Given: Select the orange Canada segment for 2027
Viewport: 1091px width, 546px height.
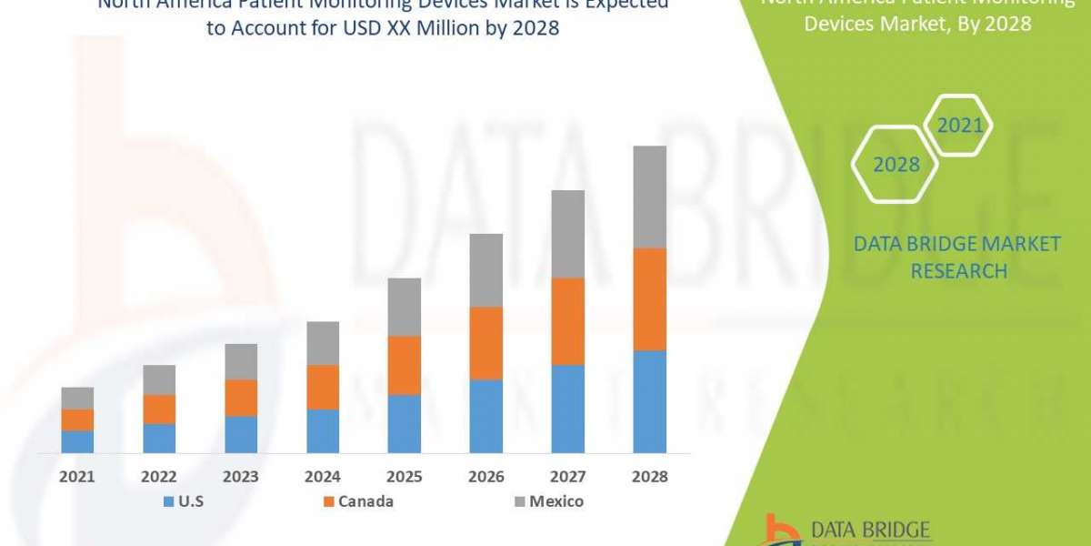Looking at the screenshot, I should pos(567,321).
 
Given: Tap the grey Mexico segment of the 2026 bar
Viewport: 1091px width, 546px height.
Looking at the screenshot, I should pos(485,270).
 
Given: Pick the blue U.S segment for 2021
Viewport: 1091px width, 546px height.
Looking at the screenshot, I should pos(77,441).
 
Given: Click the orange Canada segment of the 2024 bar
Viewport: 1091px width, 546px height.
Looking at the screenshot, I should pos(323,387).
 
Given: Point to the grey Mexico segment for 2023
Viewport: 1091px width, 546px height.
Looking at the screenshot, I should pos(241,361).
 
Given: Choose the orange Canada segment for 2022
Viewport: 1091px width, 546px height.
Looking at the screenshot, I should pos(159,409).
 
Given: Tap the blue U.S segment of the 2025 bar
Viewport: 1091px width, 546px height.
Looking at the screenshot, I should pos(405,423).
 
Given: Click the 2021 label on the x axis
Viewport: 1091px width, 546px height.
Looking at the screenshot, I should pos(77,477).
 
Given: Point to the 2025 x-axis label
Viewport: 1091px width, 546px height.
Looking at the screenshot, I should pos(405,477).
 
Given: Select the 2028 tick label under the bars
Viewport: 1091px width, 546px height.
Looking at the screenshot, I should pos(649,477).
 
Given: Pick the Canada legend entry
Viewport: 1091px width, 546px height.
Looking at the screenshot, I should pos(359,501).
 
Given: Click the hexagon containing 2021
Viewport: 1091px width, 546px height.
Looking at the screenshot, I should pos(960,126).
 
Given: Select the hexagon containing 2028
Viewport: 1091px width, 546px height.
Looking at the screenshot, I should pos(896,165).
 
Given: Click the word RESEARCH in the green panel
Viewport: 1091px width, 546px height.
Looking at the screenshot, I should pos(958,271).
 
